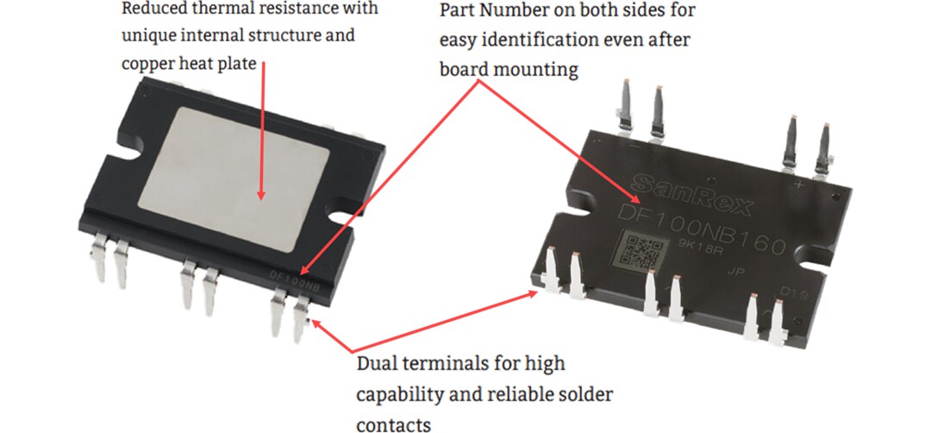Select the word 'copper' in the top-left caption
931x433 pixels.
147,64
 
